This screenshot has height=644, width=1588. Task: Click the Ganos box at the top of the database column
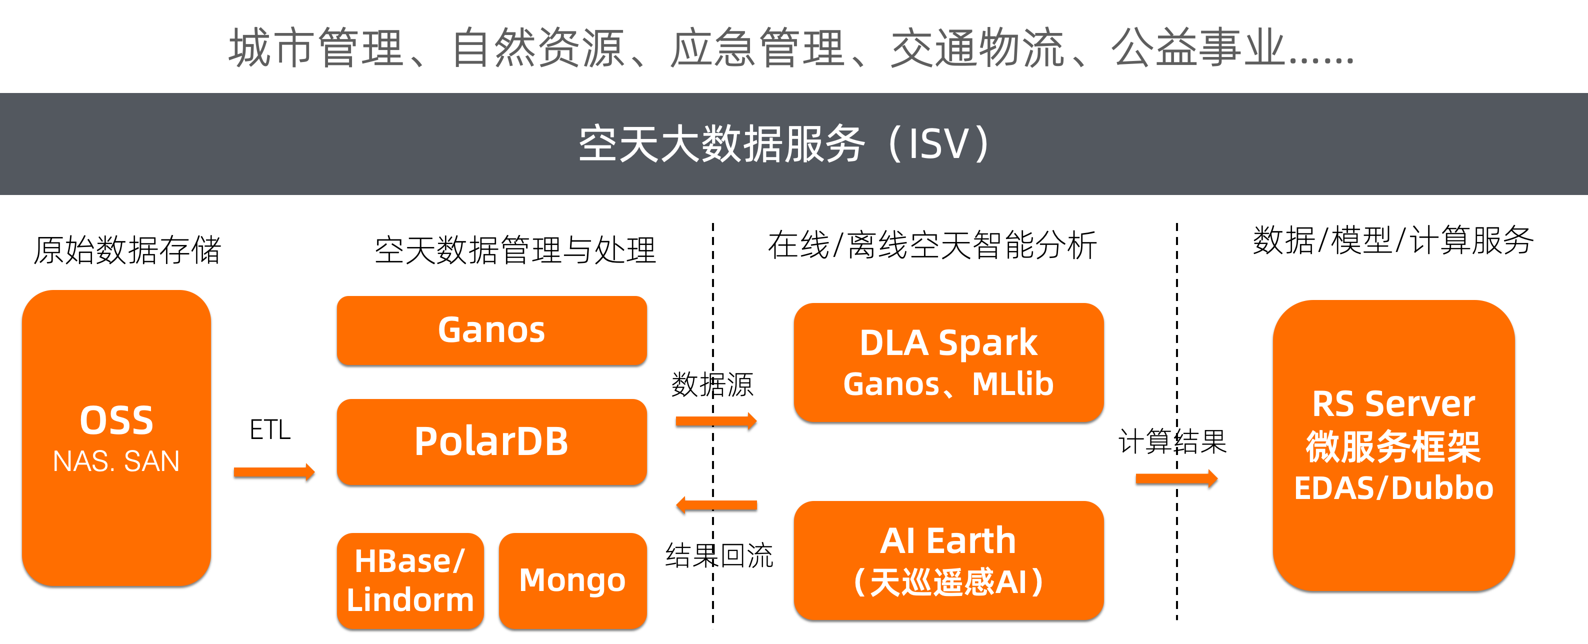point(491,329)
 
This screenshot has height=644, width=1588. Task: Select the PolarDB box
point(491,441)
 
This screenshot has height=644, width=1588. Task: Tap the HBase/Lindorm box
point(410,580)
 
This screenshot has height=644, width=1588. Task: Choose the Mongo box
point(572,580)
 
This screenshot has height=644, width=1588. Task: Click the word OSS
point(116,421)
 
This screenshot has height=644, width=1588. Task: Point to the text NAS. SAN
point(116,461)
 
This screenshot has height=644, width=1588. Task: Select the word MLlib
point(1012,384)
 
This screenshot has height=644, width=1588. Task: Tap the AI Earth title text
point(948,540)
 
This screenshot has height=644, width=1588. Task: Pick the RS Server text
point(1393,404)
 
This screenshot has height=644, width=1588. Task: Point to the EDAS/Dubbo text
point(1393,488)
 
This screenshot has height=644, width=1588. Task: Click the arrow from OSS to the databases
point(274,472)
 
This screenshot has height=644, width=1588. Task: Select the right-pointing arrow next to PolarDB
point(715,421)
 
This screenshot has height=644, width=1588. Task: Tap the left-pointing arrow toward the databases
point(715,504)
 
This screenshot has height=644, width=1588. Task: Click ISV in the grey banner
point(939,144)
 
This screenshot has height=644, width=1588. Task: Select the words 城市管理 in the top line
point(316,48)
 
